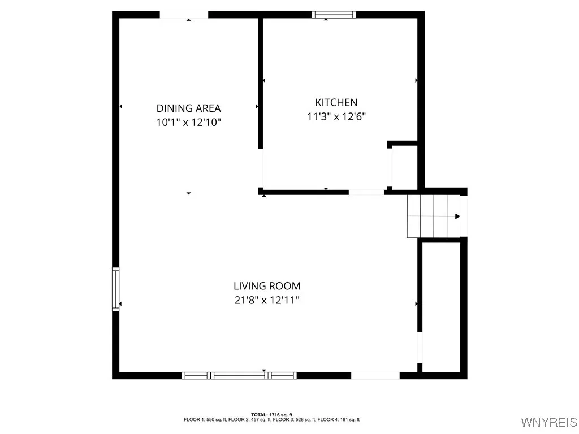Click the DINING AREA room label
[188, 108]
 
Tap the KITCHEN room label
[336, 102]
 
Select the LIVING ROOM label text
[267, 286]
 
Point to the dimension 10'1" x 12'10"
[188, 121]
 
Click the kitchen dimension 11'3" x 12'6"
[336, 116]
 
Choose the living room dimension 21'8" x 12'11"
[267, 300]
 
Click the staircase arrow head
[457, 216]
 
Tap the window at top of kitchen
[334, 15]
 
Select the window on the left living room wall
[116, 289]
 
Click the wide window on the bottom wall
[239, 375]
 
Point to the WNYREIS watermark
[548, 422]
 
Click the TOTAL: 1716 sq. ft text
[271, 415]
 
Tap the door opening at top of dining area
[184, 15]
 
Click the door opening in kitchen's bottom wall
[366, 192]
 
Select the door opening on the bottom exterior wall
[375, 375]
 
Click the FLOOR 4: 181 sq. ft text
[342, 420]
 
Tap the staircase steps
[433, 216]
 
